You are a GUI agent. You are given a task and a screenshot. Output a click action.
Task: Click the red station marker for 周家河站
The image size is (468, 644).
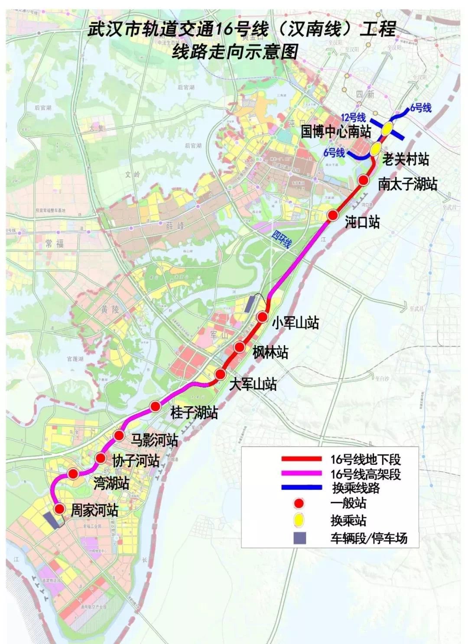59,509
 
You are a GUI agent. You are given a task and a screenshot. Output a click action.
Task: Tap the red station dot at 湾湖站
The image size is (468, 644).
73,474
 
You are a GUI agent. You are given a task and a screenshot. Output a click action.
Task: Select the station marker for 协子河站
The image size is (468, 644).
101,458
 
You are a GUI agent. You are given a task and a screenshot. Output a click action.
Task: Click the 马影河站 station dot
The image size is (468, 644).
119,435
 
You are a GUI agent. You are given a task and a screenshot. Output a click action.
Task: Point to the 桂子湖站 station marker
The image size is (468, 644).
155,406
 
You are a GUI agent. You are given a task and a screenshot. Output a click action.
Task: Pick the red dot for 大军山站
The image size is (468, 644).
220,374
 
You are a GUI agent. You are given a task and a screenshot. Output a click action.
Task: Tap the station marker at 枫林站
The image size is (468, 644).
239,347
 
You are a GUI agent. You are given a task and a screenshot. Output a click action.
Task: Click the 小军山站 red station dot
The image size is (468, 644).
262,317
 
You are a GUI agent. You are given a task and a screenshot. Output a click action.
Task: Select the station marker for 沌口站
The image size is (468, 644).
332,215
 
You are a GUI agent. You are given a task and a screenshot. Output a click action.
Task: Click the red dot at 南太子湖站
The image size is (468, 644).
363,180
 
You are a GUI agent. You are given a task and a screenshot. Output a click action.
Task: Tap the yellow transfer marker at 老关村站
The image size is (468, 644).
375,149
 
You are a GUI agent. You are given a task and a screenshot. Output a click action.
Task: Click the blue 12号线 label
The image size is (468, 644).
353,117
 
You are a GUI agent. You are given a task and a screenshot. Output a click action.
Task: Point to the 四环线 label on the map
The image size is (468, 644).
281,239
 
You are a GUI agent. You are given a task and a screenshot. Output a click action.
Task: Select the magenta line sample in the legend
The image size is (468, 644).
302,473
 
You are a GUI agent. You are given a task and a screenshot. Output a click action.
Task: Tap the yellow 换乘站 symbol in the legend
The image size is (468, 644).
299,520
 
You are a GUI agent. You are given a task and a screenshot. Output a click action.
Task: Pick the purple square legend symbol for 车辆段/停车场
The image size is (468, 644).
299,538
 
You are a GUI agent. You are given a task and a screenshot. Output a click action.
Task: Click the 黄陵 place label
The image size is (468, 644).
110,310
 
